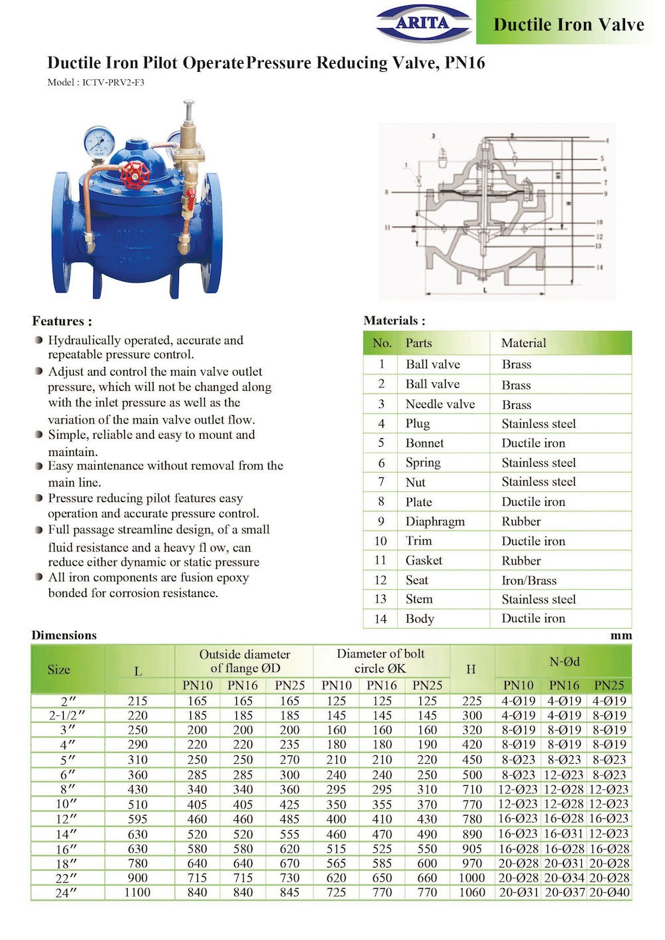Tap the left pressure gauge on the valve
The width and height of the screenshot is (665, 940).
[x=99, y=140]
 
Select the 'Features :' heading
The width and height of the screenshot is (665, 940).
[x=62, y=321]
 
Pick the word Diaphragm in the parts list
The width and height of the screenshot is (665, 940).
[x=435, y=522]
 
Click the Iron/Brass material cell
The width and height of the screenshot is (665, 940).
[x=529, y=580]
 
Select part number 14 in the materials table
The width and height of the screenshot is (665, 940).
[x=380, y=619]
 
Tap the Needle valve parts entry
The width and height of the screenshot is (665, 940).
[x=440, y=404]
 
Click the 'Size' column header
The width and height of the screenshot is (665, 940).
[x=59, y=669]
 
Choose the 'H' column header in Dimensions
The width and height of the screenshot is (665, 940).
[x=471, y=669]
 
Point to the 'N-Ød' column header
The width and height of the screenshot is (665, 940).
[x=564, y=661]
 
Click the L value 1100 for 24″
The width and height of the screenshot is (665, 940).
[x=138, y=893]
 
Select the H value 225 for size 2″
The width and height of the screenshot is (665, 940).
[x=471, y=701]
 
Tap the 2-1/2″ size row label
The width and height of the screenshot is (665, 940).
[x=67, y=716]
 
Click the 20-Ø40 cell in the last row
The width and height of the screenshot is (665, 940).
[x=609, y=893]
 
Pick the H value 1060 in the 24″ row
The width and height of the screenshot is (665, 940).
[x=471, y=893]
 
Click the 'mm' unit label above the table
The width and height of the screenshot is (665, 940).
[x=620, y=636]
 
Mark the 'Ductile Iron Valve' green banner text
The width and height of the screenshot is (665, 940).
[x=569, y=25]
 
